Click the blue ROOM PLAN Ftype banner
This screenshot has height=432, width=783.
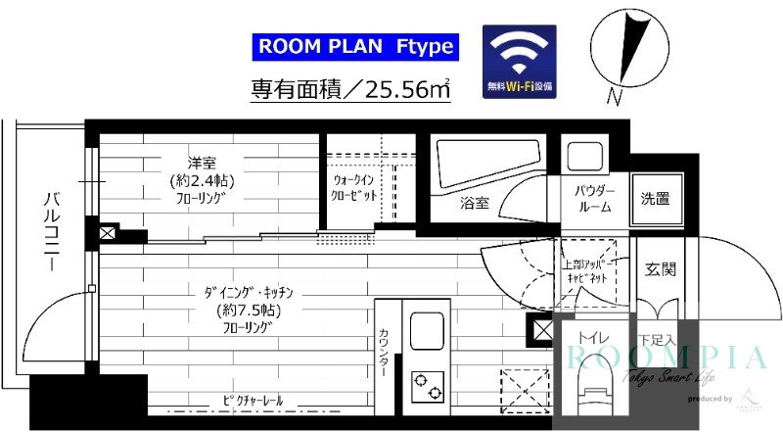[354, 45]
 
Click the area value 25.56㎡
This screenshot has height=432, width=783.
[403, 90]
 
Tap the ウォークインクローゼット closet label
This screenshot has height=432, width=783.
[356, 188]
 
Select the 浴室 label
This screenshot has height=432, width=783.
[475, 204]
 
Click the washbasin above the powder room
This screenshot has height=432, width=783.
[587, 158]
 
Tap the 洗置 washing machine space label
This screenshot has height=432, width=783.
[655, 200]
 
